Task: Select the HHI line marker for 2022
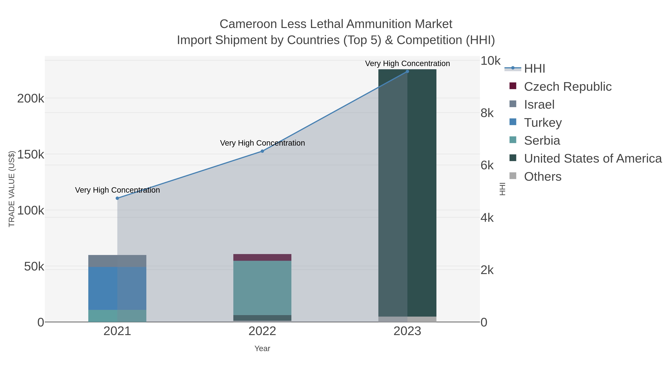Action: point(262,151)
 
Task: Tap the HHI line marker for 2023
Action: point(407,71)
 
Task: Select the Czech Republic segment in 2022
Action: point(262,257)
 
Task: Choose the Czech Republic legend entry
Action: point(567,87)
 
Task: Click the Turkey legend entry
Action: point(543,123)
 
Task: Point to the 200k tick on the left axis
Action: point(31,99)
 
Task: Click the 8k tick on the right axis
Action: point(487,113)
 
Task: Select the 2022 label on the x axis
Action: point(262,331)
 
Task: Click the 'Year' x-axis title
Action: point(262,349)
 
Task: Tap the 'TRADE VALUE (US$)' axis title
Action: point(12,189)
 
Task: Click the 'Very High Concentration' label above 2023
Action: point(407,64)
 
